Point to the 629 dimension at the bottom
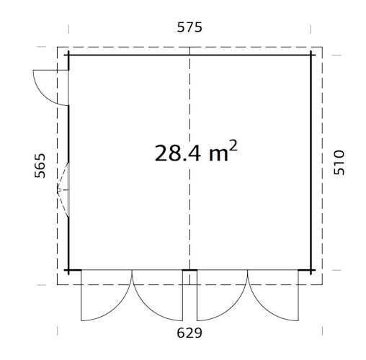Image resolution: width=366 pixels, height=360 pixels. click(189, 333)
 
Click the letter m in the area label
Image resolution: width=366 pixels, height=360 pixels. click(217, 153)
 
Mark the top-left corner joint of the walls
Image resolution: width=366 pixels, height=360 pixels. click(68, 55)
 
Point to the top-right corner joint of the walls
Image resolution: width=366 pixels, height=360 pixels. click(311, 55)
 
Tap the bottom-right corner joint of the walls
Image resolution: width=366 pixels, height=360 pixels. click(311, 271)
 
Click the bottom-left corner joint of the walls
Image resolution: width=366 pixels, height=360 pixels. click(68, 271)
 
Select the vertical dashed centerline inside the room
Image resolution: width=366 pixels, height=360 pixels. click(189, 216)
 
